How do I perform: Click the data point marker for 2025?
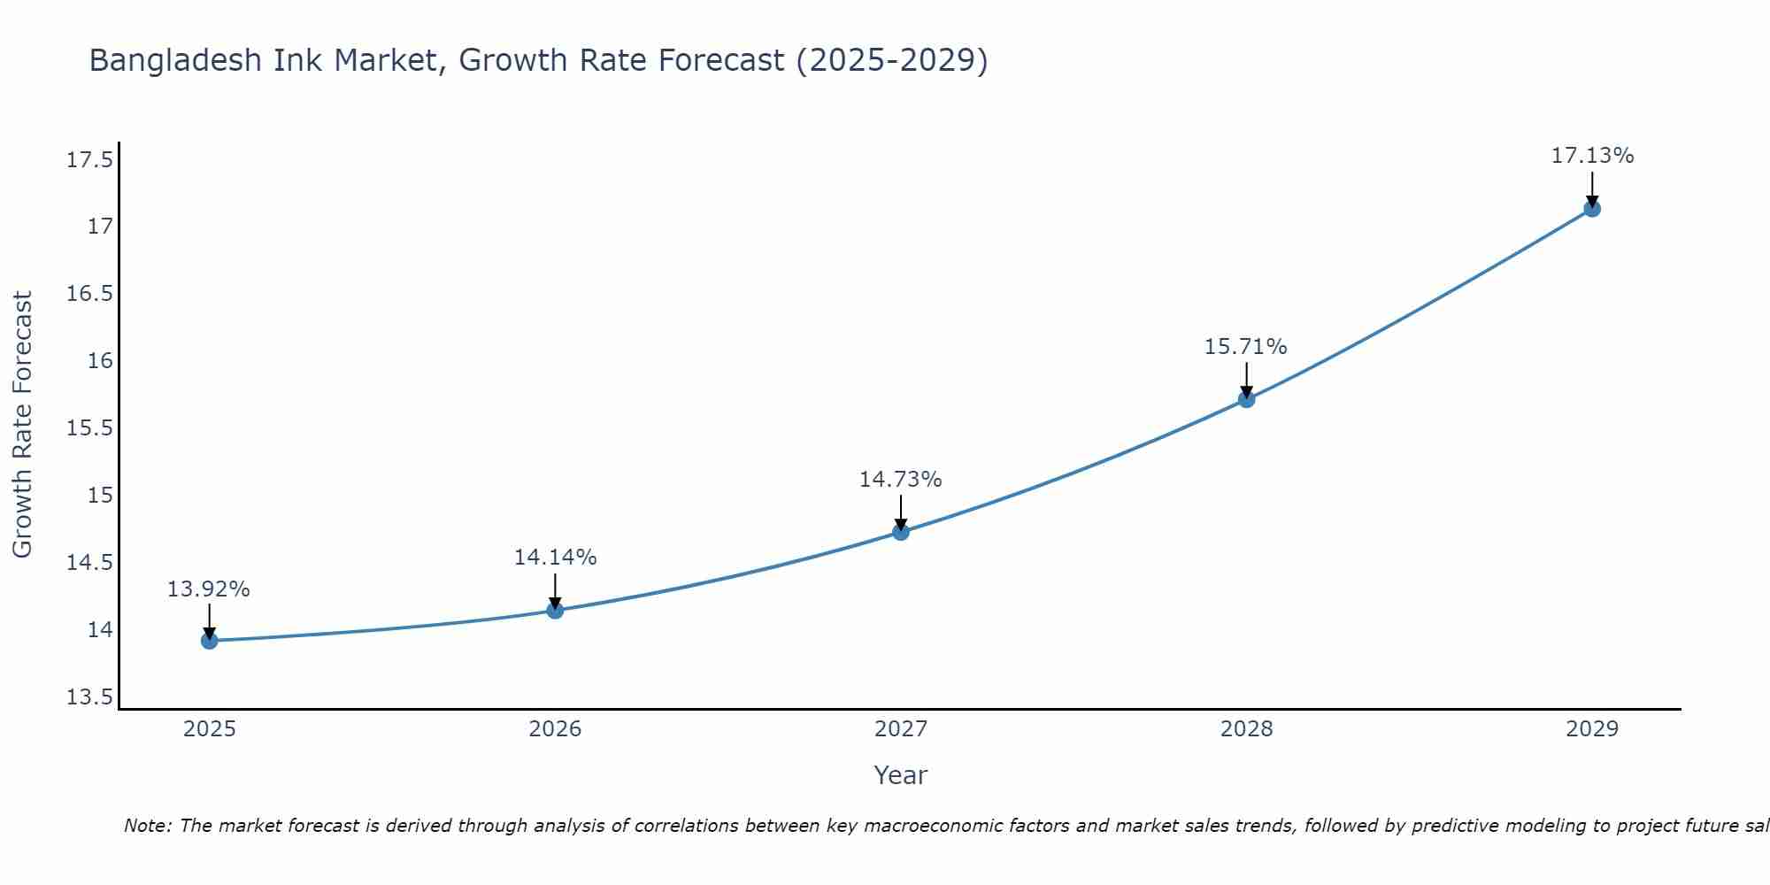[x=209, y=641]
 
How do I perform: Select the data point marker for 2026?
[x=555, y=610]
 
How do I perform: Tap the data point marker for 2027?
[x=901, y=532]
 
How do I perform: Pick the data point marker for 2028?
[x=1246, y=399]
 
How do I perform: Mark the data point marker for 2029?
[x=1592, y=209]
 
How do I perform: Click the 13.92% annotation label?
[x=209, y=589]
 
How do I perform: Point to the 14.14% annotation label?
[x=555, y=558]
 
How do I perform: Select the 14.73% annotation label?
[x=901, y=480]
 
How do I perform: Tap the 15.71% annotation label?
[x=1246, y=347]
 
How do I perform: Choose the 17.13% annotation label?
[x=1592, y=156]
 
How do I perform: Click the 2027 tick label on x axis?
[x=901, y=729]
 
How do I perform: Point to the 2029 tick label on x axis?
[x=1592, y=729]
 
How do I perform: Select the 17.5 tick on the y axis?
[x=89, y=160]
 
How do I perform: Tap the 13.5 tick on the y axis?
[x=89, y=697]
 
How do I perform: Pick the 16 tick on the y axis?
[x=100, y=361]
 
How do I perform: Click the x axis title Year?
[x=900, y=775]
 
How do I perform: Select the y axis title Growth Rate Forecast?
[x=22, y=425]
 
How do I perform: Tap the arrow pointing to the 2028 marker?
[x=1246, y=379]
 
